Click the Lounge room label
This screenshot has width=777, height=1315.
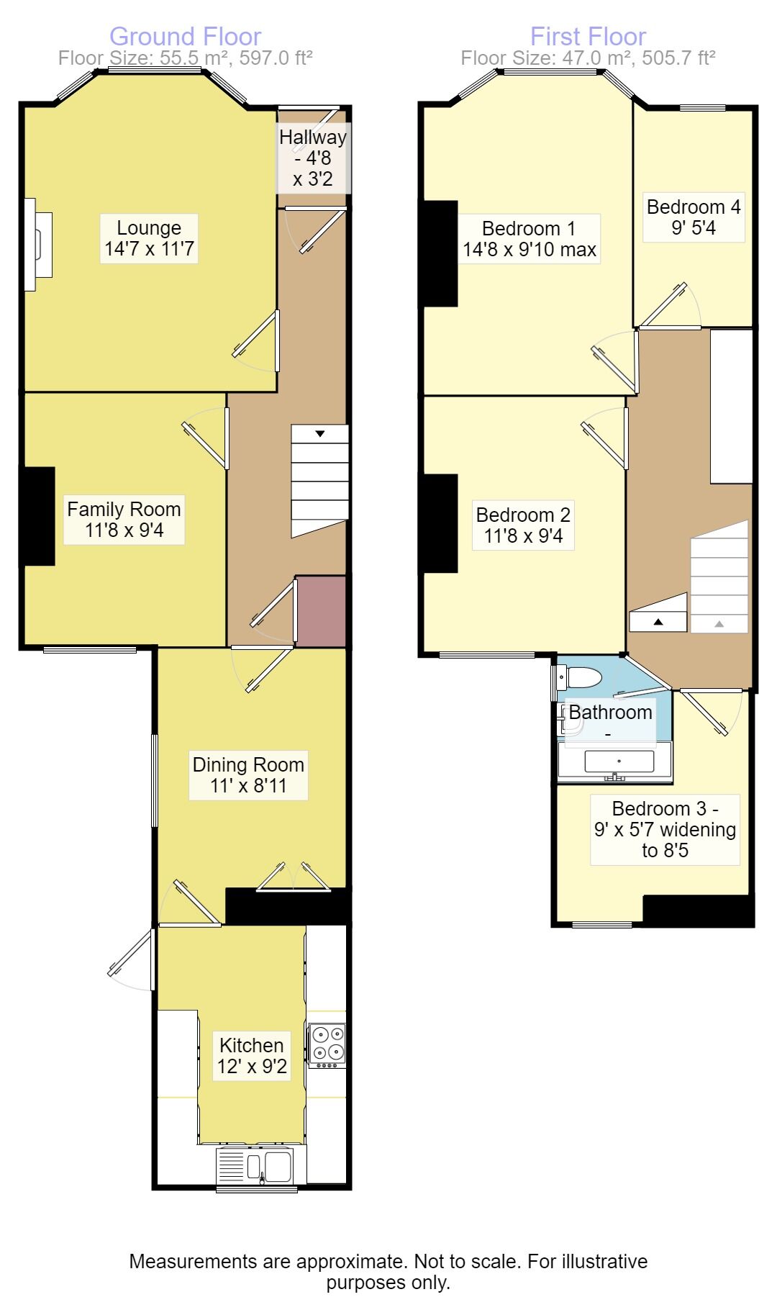click(149, 238)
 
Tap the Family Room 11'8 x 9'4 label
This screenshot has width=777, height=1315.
click(124, 520)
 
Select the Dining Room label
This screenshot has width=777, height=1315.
click(248, 774)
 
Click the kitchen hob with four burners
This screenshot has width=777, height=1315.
click(327, 1044)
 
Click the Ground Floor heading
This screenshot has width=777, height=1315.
click(185, 36)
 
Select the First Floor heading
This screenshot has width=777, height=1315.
click(588, 36)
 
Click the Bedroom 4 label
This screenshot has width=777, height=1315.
click(693, 217)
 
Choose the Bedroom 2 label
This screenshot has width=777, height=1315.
click(523, 525)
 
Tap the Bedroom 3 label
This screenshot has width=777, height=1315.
click(665, 829)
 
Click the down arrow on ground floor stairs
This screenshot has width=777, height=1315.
click(319, 433)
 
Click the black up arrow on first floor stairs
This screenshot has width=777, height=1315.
click(658, 622)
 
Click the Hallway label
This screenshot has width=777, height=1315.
click(313, 158)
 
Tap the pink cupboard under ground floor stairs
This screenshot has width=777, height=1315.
click(321, 610)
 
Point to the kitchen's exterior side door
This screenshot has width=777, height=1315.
click(133, 957)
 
